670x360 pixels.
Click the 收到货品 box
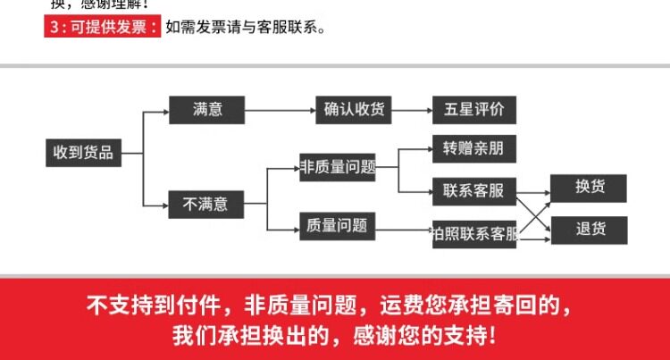[x=83, y=153]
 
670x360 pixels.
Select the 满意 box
[x=207, y=110]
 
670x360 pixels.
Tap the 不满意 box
[x=205, y=205]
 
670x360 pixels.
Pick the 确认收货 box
[x=354, y=110]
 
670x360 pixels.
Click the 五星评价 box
[x=473, y=110]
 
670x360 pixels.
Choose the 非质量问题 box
[x=337, y=167]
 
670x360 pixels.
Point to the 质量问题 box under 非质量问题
[x=336, y=225]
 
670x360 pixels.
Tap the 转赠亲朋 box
[x=473, y=148]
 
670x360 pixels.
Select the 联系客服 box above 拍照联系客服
[x=473, y=190]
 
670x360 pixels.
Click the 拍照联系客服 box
[x=473, y=235]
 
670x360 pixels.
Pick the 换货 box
[x=590, y=188]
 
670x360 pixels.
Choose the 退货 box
[x=590, y=230]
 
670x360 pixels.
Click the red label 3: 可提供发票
[x=102, y=27]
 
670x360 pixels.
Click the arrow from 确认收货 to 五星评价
[x=412, y=111]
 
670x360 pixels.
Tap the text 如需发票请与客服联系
[x=245, y=27]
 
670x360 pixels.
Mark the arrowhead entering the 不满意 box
[x=164, y=204]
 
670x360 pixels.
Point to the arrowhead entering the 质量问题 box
[x=295, y=225]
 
